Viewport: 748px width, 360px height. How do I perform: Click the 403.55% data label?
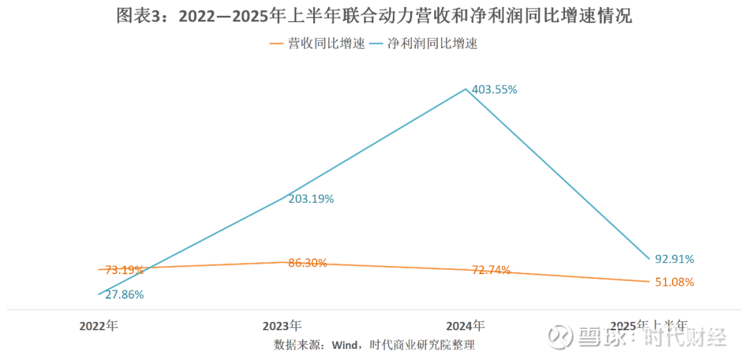(x=495, y=89)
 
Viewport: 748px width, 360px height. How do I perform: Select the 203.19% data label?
(x=311, y=199)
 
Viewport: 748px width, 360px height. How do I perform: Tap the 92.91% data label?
(x=674, y=259)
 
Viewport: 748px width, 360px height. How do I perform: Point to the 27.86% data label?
(x=124, y=294)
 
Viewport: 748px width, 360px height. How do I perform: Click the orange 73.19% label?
(x=124, y=269)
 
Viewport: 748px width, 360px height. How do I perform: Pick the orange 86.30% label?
(x=307, y=263)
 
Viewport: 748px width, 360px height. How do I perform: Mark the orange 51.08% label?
(x=674, y=282)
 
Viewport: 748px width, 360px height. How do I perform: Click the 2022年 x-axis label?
(x=98, y=325)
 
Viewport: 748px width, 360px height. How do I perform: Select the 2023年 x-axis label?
(x=282, y=325)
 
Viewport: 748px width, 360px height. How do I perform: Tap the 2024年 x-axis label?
(x=465, y=325)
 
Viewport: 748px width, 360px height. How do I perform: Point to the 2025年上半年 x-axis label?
(x=649, y=325)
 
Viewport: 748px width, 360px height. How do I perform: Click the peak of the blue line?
(x=466, y=89)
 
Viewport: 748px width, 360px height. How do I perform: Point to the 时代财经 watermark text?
(x=686, y=337)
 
